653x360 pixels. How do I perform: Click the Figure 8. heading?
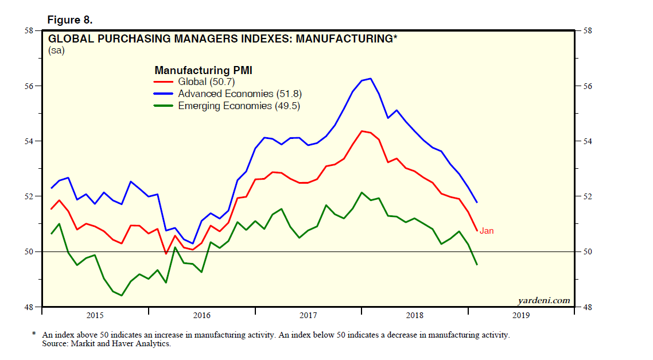click(69, 20)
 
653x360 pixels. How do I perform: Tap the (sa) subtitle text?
click(56, 51)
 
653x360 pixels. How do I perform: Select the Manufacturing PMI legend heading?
click(204, 70)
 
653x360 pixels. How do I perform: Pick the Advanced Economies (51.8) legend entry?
click(240, 94)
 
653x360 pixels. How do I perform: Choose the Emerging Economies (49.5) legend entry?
click(239, 106)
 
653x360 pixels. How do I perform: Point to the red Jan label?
click(486, 231)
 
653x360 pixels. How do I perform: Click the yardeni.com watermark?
click(543, 300)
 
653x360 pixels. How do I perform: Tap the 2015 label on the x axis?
click(95, 315)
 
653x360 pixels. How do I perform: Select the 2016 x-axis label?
click(201, 315)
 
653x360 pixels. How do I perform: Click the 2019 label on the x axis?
click(520, 315)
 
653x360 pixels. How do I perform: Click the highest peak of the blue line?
click(371, 78)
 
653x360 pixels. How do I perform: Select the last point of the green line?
click(477, 265)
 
